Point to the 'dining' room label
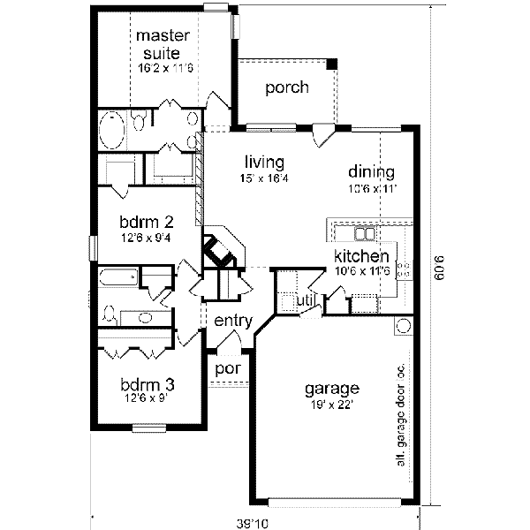point(371,171)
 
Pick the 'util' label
point(306,301)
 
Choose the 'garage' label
point(331,388)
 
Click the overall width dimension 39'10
point(254,523)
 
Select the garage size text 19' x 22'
point(331,404)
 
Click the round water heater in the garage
point(403,326)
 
